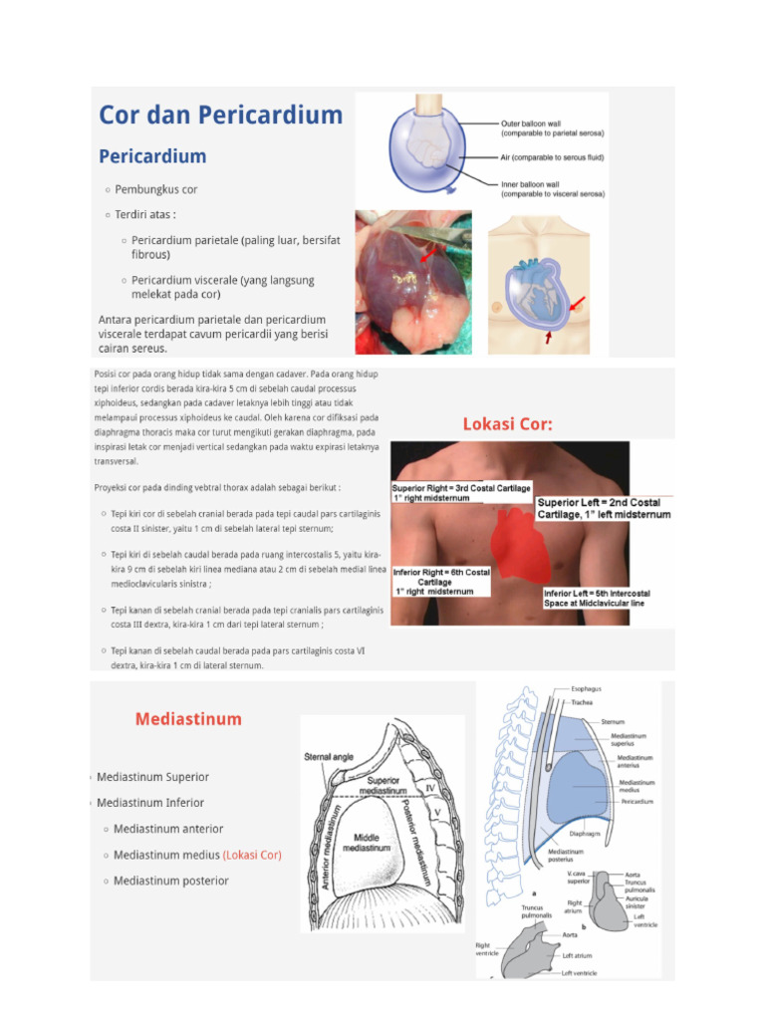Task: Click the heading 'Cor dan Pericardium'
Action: [220, 115]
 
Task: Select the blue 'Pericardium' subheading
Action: [152, 156]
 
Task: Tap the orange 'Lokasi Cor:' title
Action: [507, 424]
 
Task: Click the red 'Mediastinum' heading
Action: [188, 718]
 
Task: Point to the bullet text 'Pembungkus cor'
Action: [156, 189]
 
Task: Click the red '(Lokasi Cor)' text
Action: [252, 855]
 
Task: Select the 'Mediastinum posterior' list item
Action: [170, 881]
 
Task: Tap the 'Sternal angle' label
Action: [329, 757]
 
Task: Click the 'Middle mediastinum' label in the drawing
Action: [367, 843]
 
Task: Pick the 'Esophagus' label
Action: [586, 688]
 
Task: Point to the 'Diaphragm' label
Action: [584, 834]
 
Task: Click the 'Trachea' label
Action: [582, 702]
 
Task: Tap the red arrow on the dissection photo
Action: [426, 257]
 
